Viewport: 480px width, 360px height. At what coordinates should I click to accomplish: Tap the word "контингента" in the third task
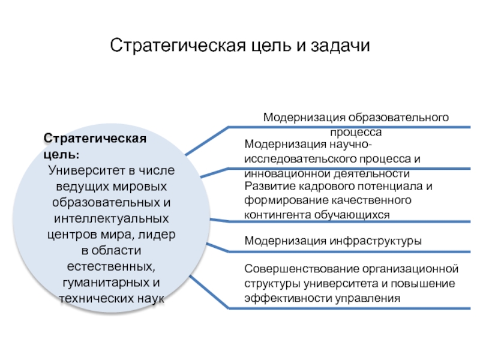point(274,214)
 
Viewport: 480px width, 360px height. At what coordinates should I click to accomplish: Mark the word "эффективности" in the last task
point(279,297)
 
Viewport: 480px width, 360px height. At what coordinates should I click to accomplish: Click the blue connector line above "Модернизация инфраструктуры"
point(336,220)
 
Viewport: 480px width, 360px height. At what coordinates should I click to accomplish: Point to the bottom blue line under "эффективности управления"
point(348,308)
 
